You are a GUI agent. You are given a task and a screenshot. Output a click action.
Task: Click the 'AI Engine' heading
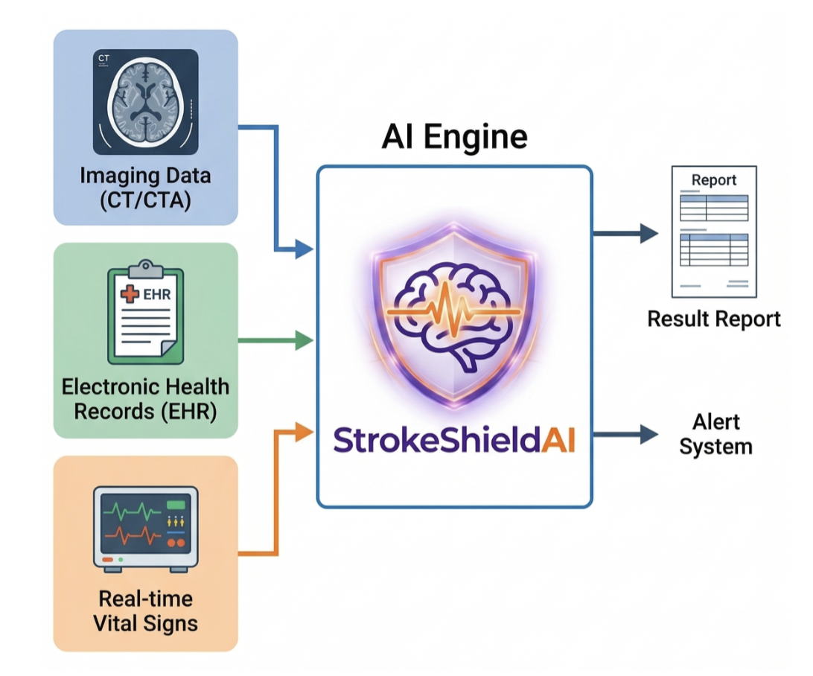(454, 137)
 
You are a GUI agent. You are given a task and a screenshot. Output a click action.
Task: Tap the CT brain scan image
(145, 101)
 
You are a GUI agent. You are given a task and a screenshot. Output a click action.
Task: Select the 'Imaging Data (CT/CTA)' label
(145, 188)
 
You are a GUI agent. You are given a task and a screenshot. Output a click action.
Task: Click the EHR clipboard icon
(146, 312)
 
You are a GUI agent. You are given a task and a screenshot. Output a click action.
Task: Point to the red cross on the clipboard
(130, 293)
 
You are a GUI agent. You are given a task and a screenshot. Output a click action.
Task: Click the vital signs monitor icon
(145, 529)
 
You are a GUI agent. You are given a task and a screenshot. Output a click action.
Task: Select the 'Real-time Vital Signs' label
(145, 610)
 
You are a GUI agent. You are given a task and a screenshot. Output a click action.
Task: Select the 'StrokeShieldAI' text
(454, 439)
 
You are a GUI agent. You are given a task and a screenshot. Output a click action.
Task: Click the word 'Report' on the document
(714, 180)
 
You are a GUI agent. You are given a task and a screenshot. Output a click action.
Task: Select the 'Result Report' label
(714, 319)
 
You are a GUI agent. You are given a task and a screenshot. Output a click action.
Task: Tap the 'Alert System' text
(715, 434)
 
